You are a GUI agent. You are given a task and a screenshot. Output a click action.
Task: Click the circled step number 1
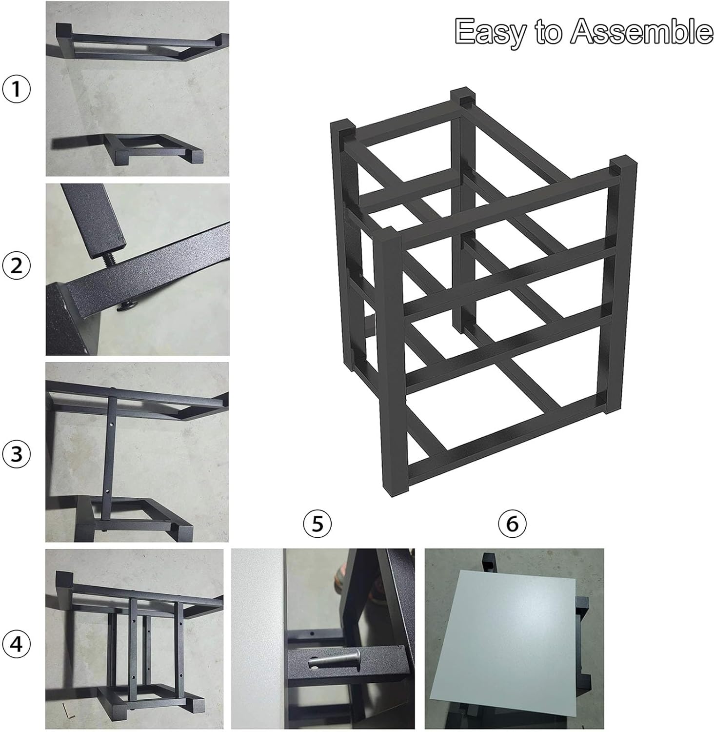[17, 89]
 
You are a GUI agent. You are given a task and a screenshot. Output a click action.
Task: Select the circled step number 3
[17, 454]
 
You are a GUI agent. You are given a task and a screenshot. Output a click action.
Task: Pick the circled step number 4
[17, 644]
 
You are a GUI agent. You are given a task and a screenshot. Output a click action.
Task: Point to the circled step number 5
[317, 524]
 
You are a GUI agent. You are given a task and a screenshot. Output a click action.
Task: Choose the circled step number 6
[512, 524]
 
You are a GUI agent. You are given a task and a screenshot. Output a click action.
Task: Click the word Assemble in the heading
[642, 32]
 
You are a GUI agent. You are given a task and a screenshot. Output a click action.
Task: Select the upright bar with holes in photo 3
[112, 459]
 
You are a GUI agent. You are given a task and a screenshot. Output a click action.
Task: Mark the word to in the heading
[552, 32]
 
